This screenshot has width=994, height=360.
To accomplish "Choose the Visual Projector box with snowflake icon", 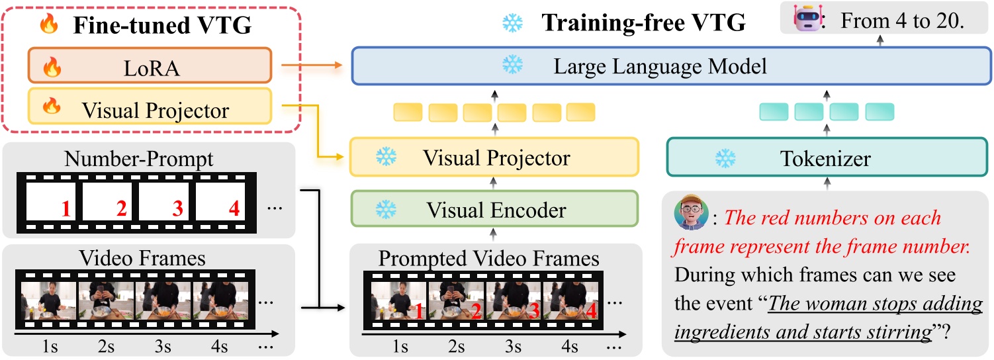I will (x=494, y=157).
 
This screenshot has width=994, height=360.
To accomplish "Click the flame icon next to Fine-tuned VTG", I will (x=48, y=24).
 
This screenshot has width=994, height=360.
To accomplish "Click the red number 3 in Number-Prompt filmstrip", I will (x=177, y=209).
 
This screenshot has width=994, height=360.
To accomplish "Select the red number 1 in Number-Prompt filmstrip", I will (x=65, y=209).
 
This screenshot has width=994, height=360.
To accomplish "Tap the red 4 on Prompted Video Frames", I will (x=591, y=310).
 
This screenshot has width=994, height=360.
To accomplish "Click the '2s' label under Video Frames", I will (x=107, y=345).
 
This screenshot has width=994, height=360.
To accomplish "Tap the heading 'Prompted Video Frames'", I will (x=488, y=258).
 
